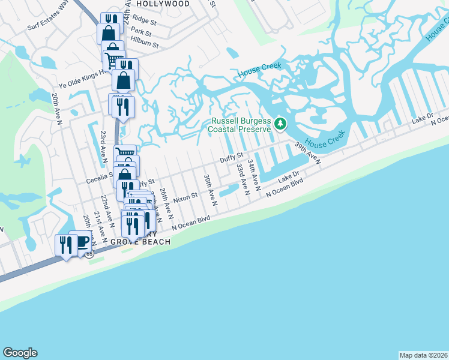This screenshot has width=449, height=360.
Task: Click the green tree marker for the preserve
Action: (280, 124)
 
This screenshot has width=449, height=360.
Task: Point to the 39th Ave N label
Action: (307, 153)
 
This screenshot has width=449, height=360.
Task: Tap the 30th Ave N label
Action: (210, 191)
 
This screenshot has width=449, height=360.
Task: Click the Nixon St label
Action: (185, 197)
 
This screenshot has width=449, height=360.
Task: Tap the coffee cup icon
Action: (82, 242)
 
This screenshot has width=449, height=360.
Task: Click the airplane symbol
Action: (24, 160)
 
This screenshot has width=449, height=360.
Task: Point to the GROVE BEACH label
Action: (140, 242)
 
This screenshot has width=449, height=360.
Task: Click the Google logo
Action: (20, 353)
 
